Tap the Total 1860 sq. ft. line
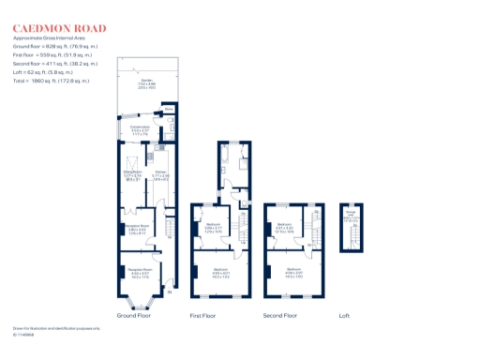coord(52,82)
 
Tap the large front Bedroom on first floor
coord(222,275)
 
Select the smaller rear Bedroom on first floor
coord(213,228)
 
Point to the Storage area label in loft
coord(352,215)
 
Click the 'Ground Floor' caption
coord(134,316)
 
